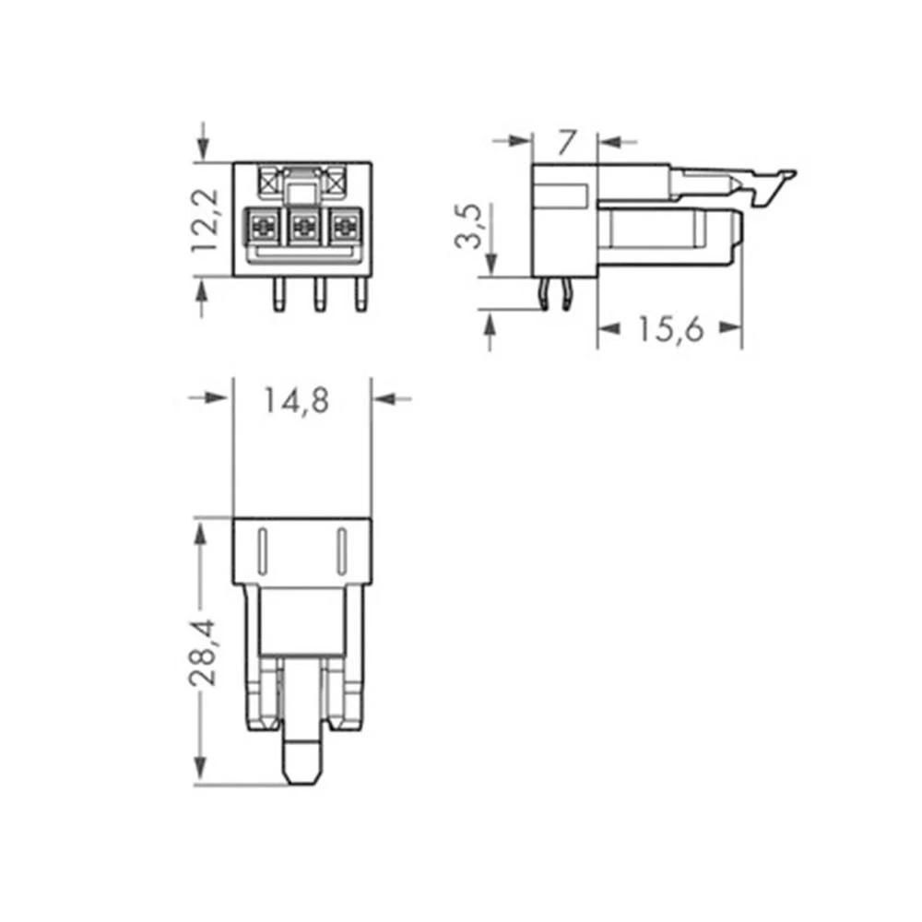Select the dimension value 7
[x=566, y=142]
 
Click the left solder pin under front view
[x=276, y=294]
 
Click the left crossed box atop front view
[x=271, y=177]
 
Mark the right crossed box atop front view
[x=336, y=177]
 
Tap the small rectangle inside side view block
[x=562, y=195]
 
